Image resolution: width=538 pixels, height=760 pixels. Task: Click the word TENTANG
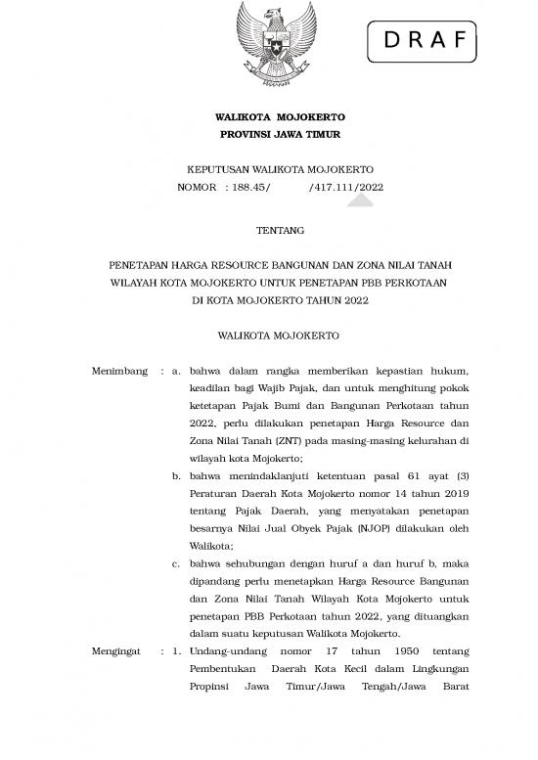268,231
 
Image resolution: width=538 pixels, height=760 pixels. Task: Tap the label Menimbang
118,372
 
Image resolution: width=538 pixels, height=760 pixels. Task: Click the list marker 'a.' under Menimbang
176,372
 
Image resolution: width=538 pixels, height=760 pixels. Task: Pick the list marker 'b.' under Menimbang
176,474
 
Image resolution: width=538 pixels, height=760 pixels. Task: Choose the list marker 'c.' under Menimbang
176,563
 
